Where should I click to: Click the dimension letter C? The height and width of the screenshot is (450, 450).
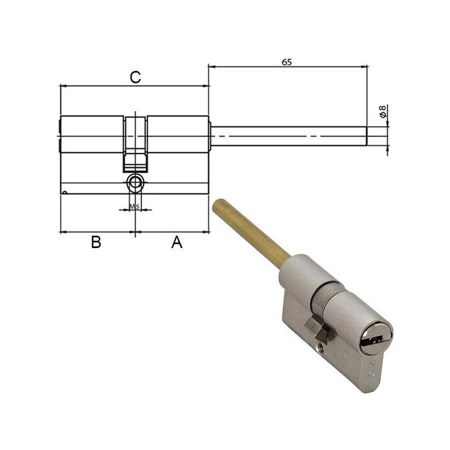135,78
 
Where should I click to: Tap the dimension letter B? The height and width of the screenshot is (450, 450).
96,242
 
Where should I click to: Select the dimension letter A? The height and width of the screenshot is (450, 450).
177,242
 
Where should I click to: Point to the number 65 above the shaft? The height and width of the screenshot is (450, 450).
286,62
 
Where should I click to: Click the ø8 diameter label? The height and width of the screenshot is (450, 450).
383,111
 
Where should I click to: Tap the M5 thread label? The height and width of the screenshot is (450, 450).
134,206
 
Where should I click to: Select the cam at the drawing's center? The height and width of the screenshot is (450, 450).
136,143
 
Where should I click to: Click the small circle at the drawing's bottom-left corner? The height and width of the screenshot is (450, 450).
65,193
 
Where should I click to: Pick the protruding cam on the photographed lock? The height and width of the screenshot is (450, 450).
313,326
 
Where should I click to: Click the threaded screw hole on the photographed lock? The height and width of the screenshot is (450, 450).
322,336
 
